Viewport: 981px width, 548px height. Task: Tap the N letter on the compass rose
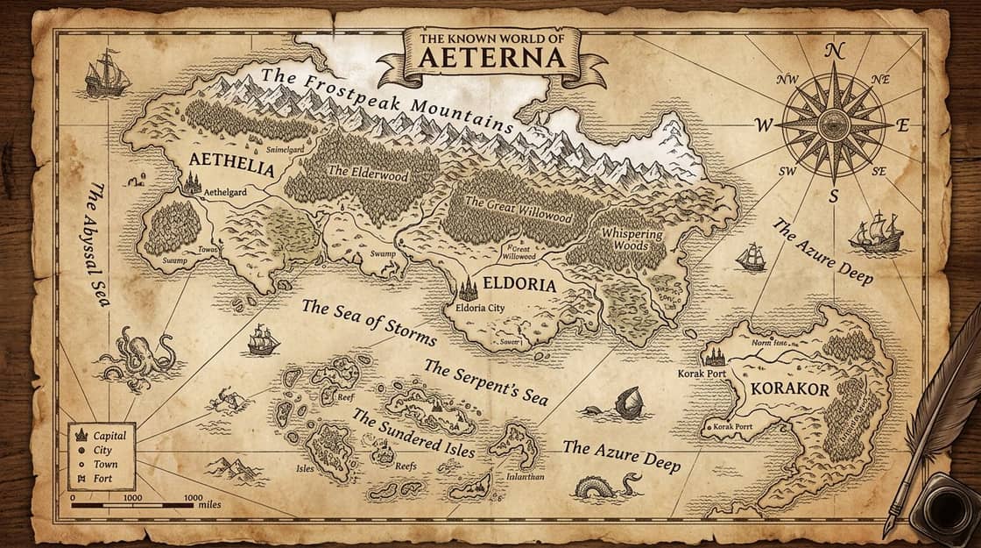tap(834, 51)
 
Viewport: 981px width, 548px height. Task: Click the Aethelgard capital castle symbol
tap(191, 182)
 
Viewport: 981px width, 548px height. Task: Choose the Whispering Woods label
tap(633, 240)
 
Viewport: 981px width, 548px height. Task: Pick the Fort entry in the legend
tap(102, 479)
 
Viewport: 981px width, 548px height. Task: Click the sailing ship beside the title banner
tap(106, 74)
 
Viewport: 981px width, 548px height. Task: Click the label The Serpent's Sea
tap(486, 382)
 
